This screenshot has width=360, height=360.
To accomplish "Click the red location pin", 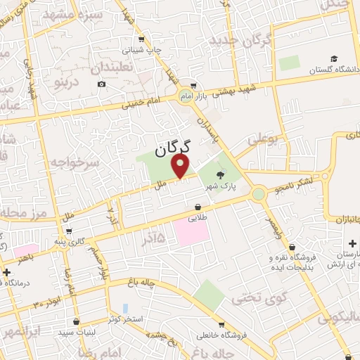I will tap(182, 167).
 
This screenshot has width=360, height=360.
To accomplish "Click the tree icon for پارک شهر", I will tap(221, 176).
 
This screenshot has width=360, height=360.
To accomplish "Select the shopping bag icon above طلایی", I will tap(200, 207).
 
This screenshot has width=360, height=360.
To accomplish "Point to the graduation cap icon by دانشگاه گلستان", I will tap(335, 58).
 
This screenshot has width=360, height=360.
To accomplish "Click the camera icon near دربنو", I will tap(102, 84).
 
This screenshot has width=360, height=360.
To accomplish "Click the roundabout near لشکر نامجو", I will tap(259, 192).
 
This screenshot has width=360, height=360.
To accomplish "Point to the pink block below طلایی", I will tap(191, 232).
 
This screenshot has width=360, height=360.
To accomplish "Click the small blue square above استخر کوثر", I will tap(124, 308).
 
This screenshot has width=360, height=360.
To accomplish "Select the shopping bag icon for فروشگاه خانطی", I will tap(221, 326).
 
